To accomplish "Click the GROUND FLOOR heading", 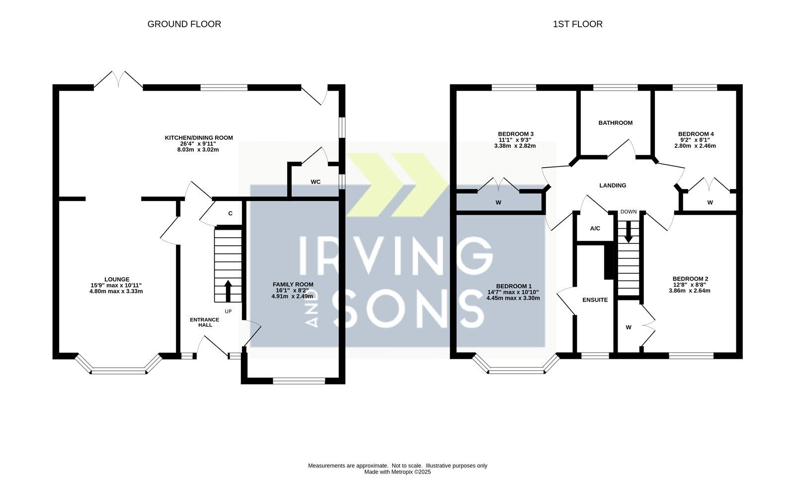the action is point(184,24).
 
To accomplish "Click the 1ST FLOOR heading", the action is point(577,24).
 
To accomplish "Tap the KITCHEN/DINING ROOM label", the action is point(199,138).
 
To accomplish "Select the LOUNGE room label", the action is point(117,279).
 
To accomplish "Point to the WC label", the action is point(316,182).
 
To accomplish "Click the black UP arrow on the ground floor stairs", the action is point(228,291).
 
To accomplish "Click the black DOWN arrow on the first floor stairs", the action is point(628,232).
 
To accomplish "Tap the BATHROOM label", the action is point(616,123).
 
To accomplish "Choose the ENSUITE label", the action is point(595,300).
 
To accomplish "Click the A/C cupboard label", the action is point(595,228).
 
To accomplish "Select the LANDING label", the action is point(613,186).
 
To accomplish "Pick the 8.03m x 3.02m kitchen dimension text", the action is point(198,150).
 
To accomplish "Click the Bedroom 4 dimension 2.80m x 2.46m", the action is point(695,146).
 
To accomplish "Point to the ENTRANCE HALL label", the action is point(204,322).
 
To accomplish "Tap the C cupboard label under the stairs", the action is point(231,213).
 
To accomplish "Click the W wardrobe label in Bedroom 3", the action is point(498,202).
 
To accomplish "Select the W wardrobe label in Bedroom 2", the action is point(629,328).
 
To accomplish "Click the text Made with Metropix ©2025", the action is point(397,472).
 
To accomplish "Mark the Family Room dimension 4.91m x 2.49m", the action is point(293,297).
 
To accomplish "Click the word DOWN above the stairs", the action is point(629,212).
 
